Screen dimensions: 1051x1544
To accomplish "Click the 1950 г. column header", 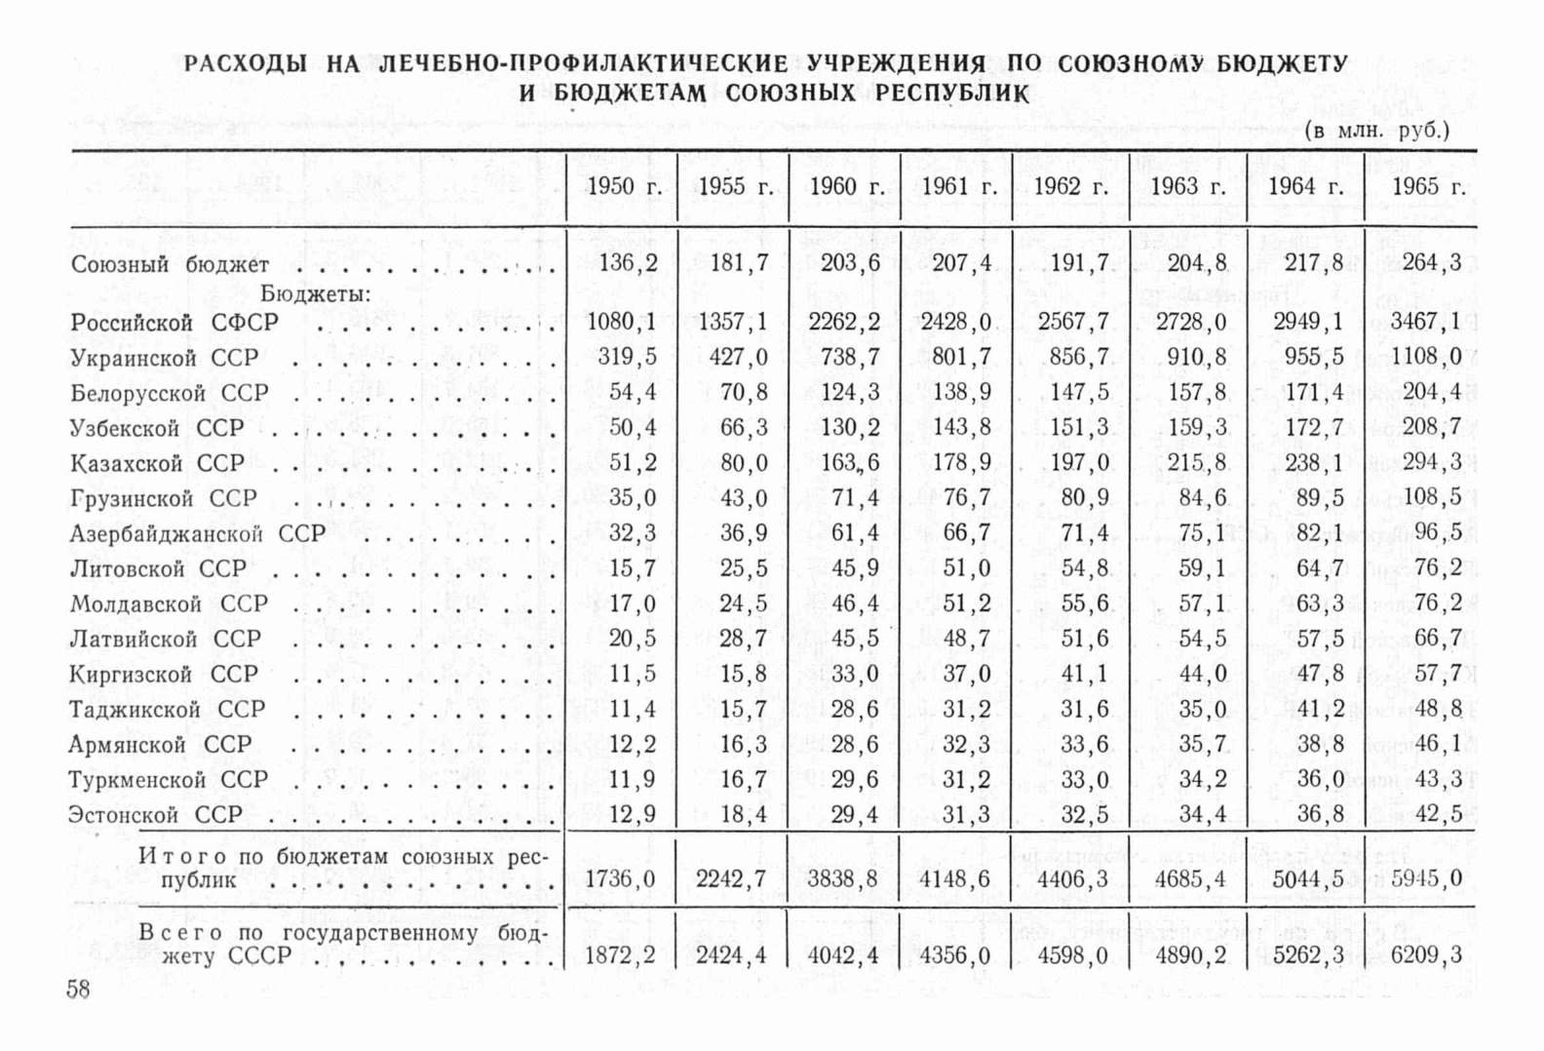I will point(624,186).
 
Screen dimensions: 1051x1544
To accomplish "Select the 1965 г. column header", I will point(1429,186).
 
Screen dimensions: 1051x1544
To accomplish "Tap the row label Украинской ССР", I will point(165,359).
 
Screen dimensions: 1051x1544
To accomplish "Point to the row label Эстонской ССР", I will point(155,815).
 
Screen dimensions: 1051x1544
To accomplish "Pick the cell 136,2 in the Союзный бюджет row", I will point(628,263).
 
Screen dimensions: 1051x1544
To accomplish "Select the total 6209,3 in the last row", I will point(1426,955).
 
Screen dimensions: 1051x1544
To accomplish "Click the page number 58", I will point(78,991).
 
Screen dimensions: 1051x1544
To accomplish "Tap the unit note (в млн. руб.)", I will point(1376,131).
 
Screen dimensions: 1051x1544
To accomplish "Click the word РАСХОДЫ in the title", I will point(246,64).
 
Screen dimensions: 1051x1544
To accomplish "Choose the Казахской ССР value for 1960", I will point(850,463).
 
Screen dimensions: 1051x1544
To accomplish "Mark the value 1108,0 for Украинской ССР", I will point(1426,358).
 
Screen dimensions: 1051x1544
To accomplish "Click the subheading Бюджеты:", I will point(315,293).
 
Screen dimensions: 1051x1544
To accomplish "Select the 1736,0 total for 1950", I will point(620,879).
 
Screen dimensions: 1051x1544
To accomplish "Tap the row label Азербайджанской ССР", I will point(198,534).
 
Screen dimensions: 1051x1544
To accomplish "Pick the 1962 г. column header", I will point(1070,186).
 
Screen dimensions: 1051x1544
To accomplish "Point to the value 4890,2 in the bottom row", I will point(1190,955).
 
